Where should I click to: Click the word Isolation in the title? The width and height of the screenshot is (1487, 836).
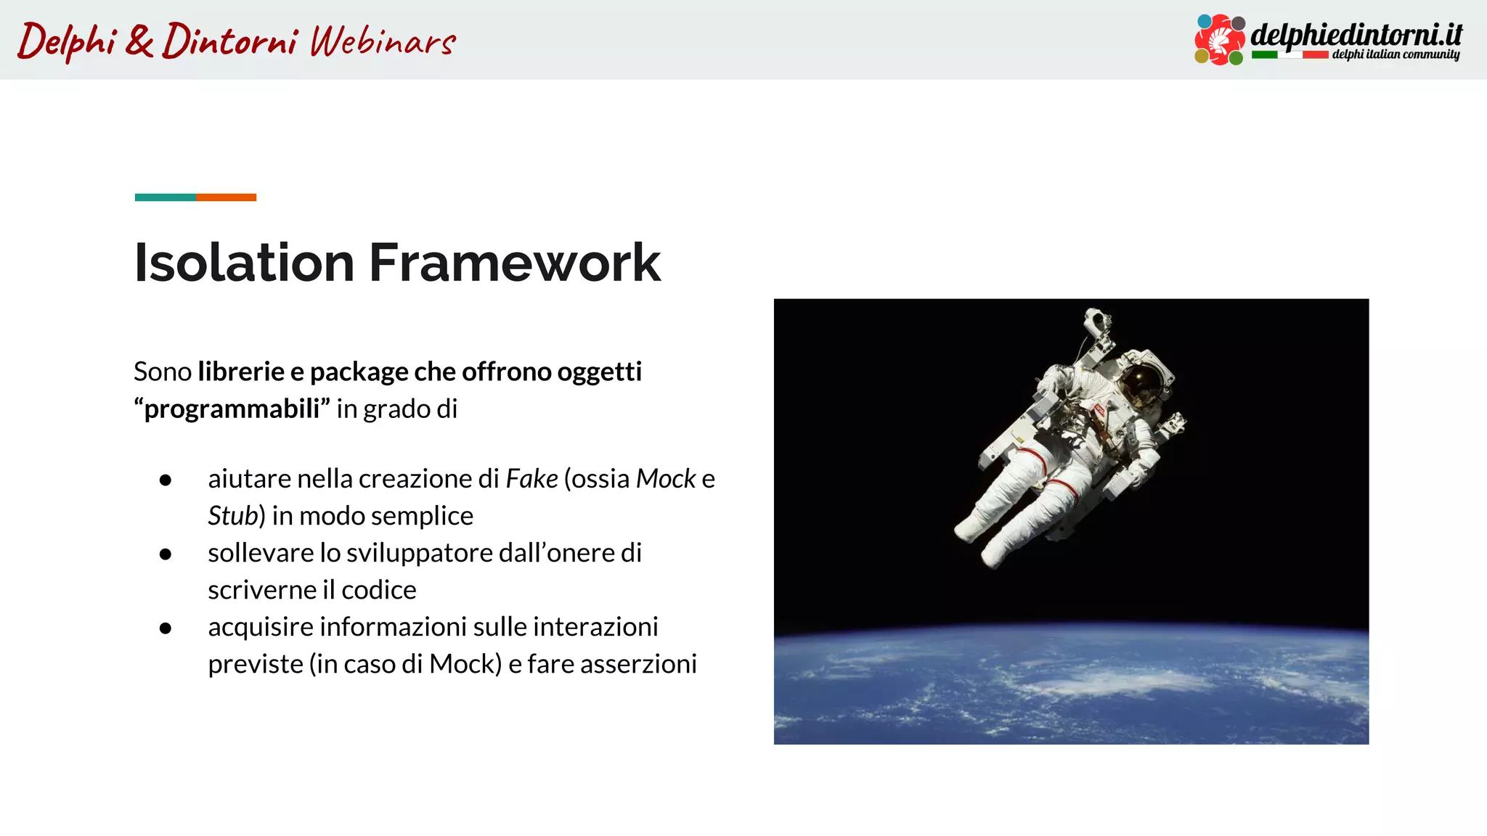click(x=244, y=263)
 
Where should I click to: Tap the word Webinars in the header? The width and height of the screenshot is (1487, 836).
click(x=383, y=41)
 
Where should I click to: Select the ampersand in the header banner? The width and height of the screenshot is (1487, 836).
click(x=139, y=41)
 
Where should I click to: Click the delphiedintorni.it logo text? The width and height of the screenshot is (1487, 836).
click(x=1356, y=35)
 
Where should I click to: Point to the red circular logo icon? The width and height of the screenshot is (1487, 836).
click(x=1220, y=40)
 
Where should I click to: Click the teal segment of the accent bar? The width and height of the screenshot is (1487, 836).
click(x=165, y=197)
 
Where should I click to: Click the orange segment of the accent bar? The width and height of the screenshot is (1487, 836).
click(x=226, y=197)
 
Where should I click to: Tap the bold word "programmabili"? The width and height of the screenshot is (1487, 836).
click(x=232, y=409)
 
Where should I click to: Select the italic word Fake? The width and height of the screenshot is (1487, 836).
click(x=531, y=479)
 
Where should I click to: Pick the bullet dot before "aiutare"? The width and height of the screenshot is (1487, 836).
click(x=166, y=480)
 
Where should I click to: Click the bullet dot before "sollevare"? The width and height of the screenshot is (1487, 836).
click(x=166, y=554)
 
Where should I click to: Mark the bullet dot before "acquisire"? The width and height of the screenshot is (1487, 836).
click(x=166, y=628)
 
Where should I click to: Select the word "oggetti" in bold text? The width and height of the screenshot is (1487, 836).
click(x=599, y=372)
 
